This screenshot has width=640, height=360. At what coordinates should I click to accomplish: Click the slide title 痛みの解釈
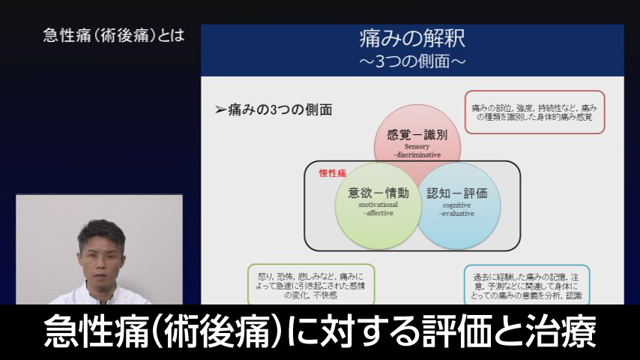412,38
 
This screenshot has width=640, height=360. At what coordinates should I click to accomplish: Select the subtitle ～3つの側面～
412,60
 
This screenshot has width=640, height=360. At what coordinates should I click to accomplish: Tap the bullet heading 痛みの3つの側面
274,109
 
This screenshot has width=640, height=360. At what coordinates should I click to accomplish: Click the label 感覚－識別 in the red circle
417,135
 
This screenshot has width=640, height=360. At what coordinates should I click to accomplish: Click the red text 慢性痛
332,173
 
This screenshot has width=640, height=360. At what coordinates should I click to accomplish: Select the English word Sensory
417,146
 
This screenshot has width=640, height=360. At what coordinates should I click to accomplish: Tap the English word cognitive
456,204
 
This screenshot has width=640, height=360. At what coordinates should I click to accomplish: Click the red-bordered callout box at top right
534,112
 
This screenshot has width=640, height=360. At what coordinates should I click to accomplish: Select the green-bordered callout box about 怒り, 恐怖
310,283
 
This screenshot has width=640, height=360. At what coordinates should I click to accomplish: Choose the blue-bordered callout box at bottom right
527,283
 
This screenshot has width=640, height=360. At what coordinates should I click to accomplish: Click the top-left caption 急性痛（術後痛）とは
114,36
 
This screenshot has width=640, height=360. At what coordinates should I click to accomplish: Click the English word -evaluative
456,213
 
